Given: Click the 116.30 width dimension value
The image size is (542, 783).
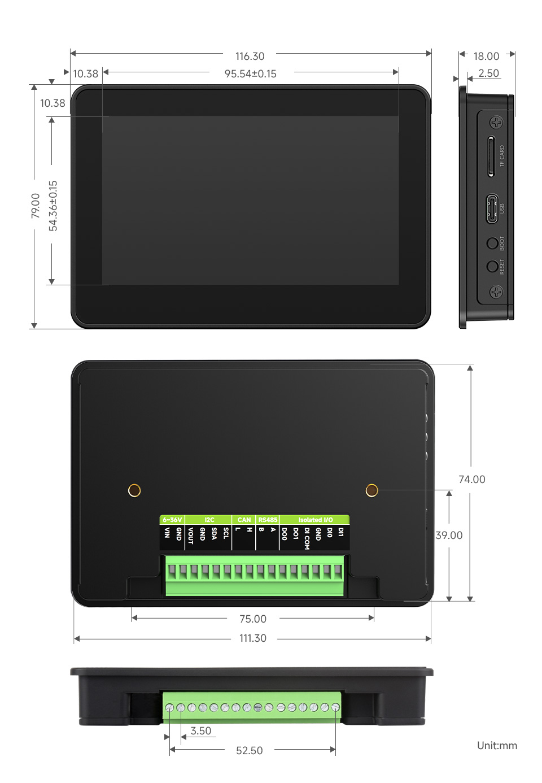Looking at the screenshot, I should click(250, 56).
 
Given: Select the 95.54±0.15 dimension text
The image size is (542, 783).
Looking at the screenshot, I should click(250, 74).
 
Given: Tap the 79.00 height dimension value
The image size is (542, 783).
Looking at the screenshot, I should click(36, 206).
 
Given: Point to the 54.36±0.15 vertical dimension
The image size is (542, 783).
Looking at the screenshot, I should click(53, 206).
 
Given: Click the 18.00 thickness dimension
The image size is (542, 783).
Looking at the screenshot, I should click(486, 56).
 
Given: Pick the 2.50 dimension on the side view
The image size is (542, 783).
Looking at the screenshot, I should click(488, 73).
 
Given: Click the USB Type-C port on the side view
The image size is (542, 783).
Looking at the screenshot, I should click(492, 208).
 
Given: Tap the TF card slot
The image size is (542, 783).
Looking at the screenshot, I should click(491, 156).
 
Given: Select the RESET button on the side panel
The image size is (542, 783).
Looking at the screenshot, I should click(492, 266).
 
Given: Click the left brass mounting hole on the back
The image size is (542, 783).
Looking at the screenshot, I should click(134, 490).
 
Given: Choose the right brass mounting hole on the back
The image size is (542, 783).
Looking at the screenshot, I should click(371, 490).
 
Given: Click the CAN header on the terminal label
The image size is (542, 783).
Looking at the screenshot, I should click(244, 520).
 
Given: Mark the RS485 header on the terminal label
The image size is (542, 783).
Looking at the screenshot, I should click(268, 520).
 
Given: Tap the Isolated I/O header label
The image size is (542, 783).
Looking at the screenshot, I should click(315, 520).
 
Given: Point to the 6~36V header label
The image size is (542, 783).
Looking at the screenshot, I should click(172, 520).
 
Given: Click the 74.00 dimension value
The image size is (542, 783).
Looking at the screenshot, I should click(471, 480).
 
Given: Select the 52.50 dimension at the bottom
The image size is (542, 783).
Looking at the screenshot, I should click(249, 751).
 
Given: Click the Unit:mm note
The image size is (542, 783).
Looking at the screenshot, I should click(497, 746).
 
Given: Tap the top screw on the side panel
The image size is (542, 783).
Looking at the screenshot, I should click(496, 123).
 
